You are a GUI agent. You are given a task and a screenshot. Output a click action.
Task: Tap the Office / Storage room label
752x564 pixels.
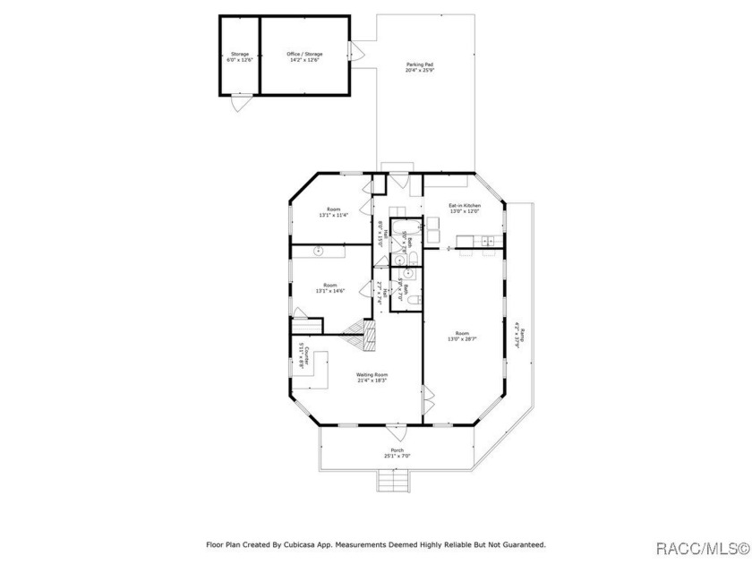coord(304,57)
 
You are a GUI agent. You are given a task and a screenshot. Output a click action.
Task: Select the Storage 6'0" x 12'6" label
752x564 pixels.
coord(239,57)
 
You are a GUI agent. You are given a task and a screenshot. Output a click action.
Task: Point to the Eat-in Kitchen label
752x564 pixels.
coord(465,208)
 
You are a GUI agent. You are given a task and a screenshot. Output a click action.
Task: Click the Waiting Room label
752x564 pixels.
coord(372,377)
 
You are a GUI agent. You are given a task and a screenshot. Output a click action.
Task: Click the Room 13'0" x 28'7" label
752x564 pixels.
coord(463,337)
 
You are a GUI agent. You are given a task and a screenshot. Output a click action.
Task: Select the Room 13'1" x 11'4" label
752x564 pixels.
coord(333,212)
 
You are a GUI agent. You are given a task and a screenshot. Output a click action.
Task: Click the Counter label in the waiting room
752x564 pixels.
coord(303,355)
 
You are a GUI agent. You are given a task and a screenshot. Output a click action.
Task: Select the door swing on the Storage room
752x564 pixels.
coord(237,103)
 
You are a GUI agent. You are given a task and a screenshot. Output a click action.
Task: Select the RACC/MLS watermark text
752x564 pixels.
coord(702,547)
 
